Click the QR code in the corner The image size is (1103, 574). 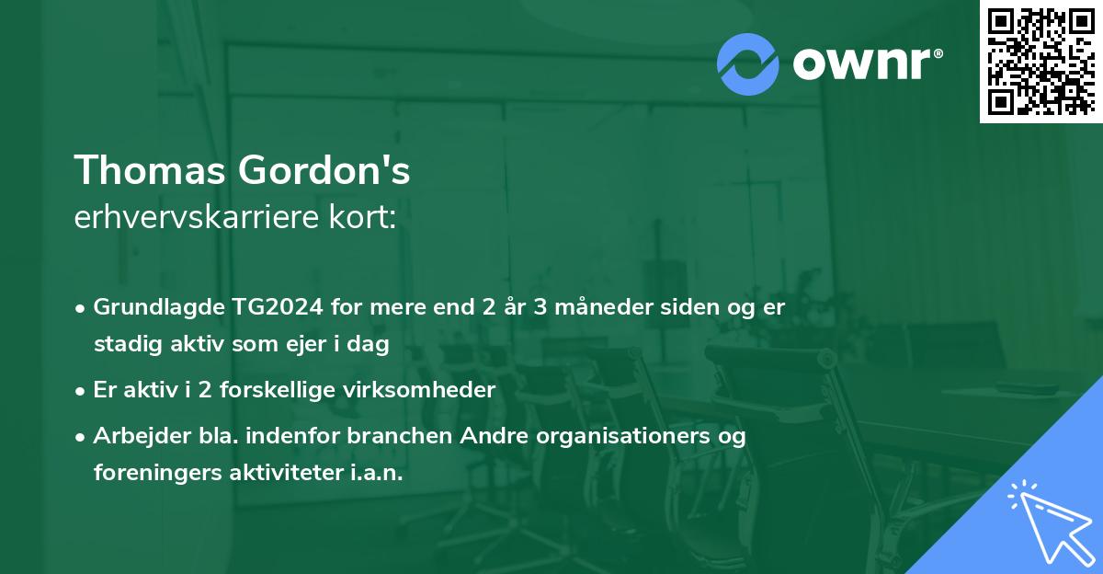[1040, 62]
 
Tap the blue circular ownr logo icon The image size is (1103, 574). [748, 63]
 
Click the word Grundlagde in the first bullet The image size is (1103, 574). [147, 307]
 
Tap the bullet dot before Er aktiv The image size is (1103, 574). [82, 391]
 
